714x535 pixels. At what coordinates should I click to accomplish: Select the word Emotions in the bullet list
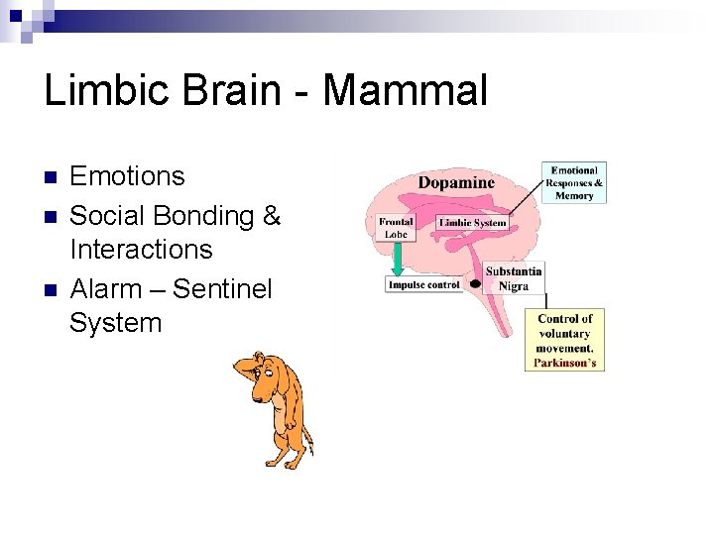pyautogui.click(x=127, y=176)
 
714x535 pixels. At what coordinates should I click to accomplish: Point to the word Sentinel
pyautogui.click(x=223, y=288)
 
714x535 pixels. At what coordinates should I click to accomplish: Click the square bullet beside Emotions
pyautogui.click(x=51, y=178)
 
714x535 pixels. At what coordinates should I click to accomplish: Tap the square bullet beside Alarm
pyautogui.click(x=51, y=290)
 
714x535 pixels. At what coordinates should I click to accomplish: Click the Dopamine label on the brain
pyautogui.click(x=455, y=182)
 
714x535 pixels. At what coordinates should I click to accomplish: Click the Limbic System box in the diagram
pyautogui.click(x=472, y=223)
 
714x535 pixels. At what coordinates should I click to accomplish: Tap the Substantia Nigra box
pyautogui.click(x=514, y=278)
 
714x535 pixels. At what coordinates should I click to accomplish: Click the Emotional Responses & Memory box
pyautogui.click(x=574, y=183)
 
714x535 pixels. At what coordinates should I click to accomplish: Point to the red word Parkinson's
pyautogui.click(x=564, y=362)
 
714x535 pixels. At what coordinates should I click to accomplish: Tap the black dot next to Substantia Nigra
pyautogui.click(x=476, y=283)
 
